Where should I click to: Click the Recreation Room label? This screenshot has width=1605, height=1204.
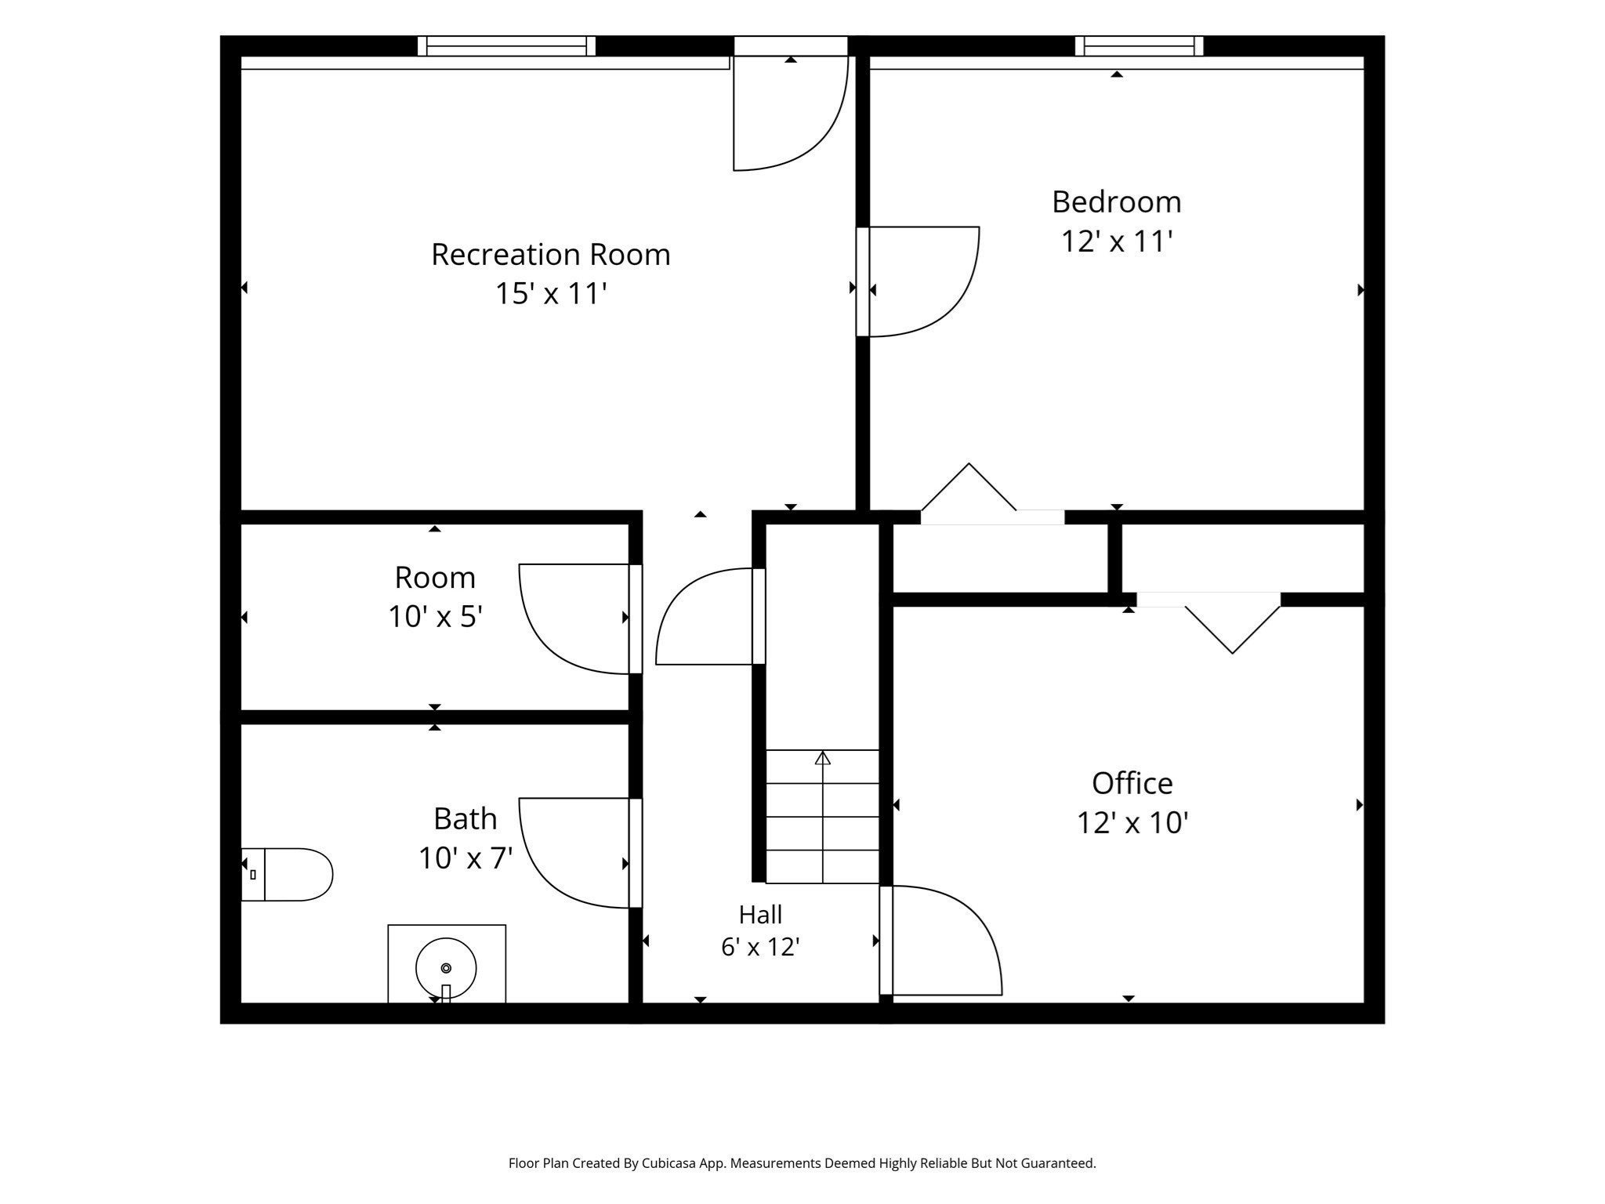pyautogui.click(x=550, y=254)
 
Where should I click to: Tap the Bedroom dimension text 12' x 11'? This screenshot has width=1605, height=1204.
pyautogui.click(x=1116, y=241)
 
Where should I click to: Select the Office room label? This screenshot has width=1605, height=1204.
pyautogui.click(x=1132, y=783)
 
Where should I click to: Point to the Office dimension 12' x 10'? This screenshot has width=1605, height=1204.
pyautogui.click(x=1132, y=822)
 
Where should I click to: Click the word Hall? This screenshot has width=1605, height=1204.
pyautogui.click(x=760, y=914)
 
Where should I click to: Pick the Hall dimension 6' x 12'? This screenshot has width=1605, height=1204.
pyautogui.click(x=759, y=947)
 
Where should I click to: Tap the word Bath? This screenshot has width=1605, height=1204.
pyautogui.click(x=465, y=818)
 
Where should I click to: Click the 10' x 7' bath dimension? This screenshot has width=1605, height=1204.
pyautogui.click(x=465, y=858)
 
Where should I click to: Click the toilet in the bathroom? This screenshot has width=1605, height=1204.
pyautogui.click(x=287, y=874)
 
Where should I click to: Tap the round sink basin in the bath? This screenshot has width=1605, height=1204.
pyautogui.click(x=446, y=968)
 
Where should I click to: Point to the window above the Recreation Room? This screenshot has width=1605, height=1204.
pyautogui.click(x=506, y=46)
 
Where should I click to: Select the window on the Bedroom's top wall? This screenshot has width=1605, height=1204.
pyautogui.click(x=1139, y=46)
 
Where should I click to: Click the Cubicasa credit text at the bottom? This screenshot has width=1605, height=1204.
pyautogui.click(x=802, y=1163)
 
